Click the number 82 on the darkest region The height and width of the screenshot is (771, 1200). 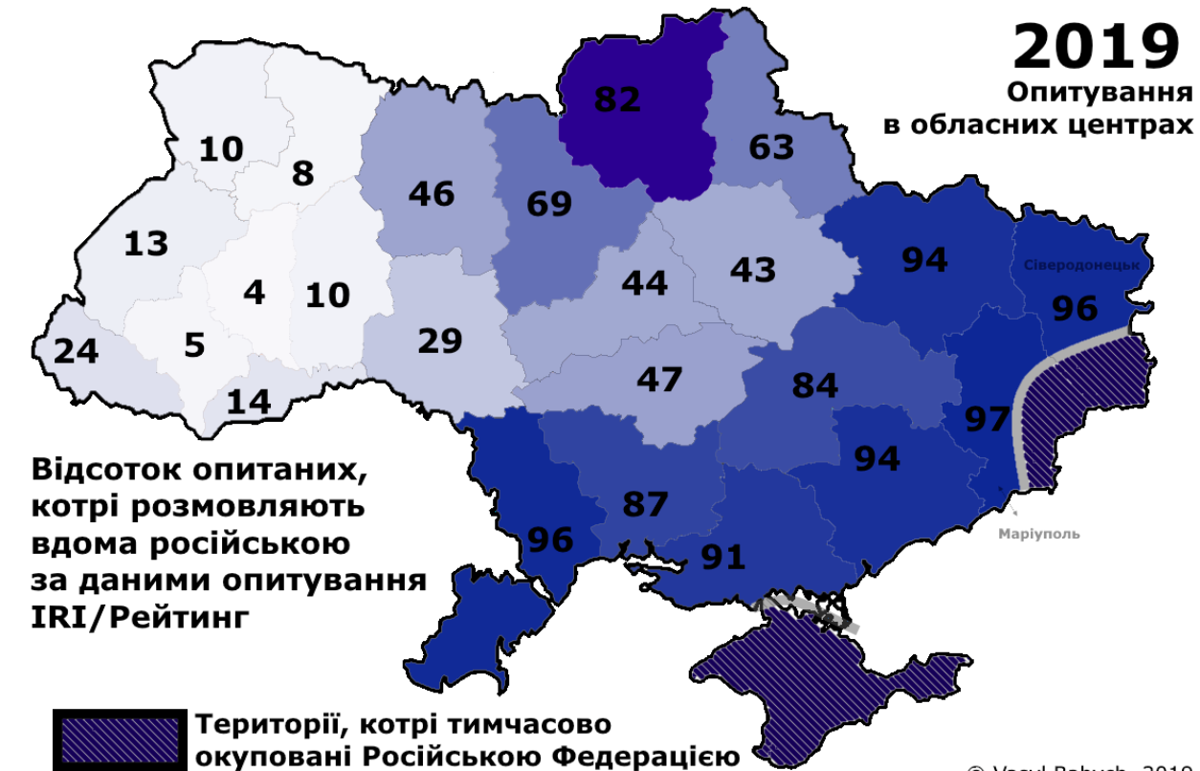(616, 99)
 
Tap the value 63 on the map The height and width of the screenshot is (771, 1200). (770, 147)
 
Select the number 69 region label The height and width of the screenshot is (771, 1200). (548, 203)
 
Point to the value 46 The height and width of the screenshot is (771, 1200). (431, 193)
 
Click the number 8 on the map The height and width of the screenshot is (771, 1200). (302, 173)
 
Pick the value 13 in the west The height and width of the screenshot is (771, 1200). (145, 244)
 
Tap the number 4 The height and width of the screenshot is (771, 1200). (254, 292)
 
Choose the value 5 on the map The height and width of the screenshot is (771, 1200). (194, 344)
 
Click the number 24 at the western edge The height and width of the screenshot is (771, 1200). (76, 351)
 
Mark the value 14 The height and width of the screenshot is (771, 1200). (249, 401)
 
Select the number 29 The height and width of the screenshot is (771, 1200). (440, 341)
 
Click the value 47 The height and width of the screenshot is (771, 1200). (659, 379)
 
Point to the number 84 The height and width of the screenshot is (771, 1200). (814, 385)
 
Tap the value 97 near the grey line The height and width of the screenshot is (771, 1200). (987, 419)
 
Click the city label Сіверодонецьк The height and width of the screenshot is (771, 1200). (1081, 266)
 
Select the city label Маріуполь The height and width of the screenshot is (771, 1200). (1038, 534)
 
